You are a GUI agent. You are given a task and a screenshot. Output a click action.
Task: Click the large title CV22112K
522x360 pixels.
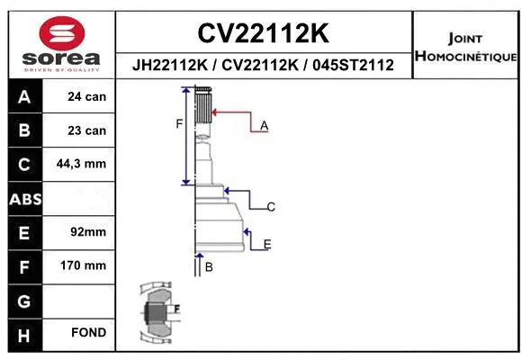click(263, 33)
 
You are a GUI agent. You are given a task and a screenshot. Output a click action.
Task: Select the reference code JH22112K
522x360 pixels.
click(171, 66)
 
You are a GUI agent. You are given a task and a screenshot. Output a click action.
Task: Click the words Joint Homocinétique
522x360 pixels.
click(464, 47)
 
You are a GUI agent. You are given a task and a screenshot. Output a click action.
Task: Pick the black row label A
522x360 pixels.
click(24, 96)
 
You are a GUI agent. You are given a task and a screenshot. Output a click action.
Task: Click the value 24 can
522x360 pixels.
click(87, 96)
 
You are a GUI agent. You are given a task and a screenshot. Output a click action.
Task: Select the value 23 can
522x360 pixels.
click(87, 130)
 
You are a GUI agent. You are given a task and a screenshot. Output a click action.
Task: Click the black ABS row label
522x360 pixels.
click(24, 198)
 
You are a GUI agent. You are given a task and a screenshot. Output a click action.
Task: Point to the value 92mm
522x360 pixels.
click(87, 232)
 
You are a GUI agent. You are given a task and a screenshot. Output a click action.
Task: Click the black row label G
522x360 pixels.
click(24, 300)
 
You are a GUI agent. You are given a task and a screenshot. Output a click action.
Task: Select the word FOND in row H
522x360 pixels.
click(87, 333)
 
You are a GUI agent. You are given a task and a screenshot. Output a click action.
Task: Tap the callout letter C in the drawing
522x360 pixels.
click(270, 207)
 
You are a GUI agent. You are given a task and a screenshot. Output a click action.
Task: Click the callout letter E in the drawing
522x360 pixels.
click(267, 244)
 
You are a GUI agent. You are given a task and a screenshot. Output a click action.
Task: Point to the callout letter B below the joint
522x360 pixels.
click(208, 267)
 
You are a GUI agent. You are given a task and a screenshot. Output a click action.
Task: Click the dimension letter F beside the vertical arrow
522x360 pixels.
click(179, 123)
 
